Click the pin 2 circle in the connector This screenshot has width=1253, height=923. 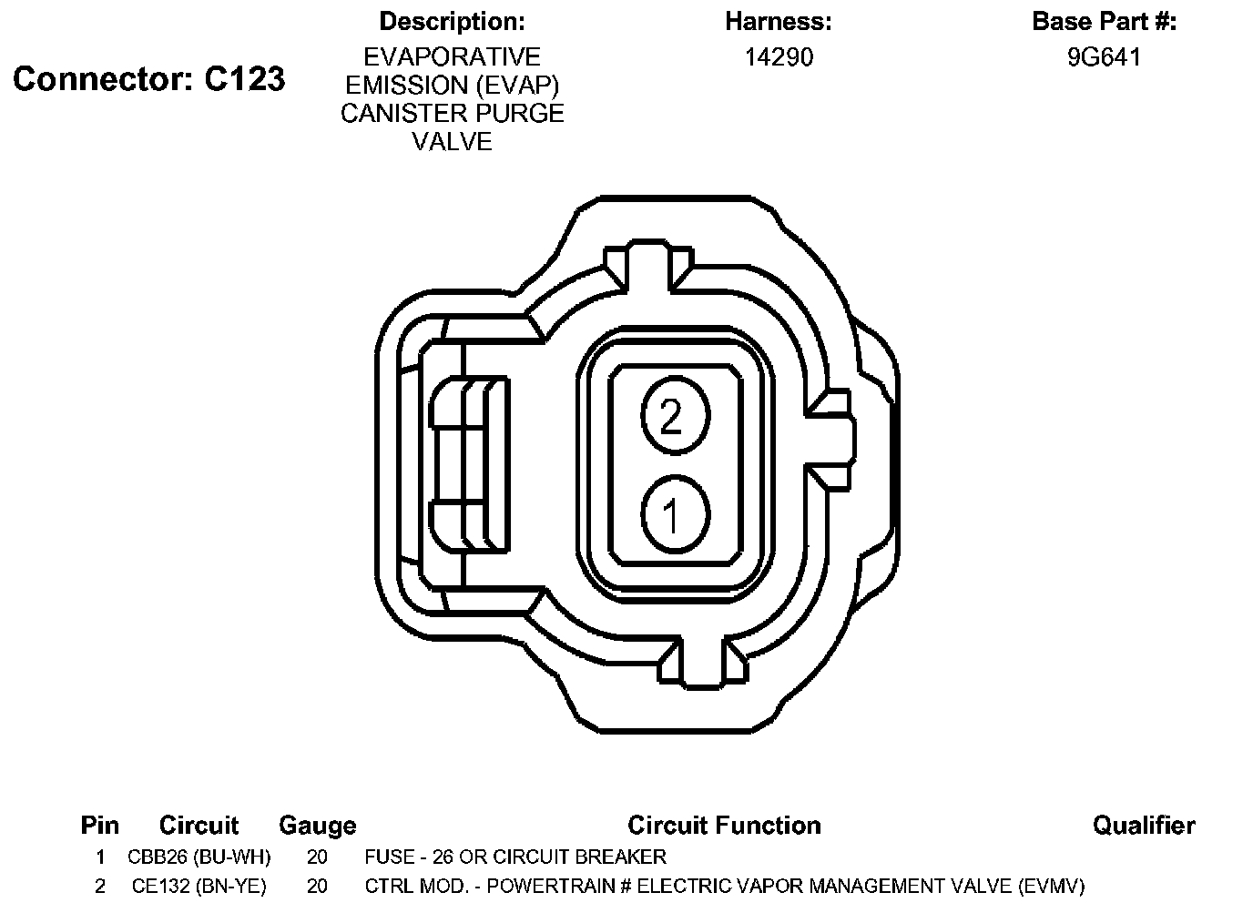pyautogui.click(x=675, y=416)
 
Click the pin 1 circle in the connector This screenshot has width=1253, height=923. pyautogui.click(x=675, y=514)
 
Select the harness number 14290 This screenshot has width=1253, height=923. pyautogui.click(x=779, y=57)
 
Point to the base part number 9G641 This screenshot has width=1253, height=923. pyautogui.click(x=1104, y=57)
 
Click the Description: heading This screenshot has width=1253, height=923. pyautogui.click(x=452, y=21)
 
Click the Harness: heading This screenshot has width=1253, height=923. pyautogui.click(x=779, y=21)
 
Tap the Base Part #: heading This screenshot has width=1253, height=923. pyautogui.click(x=1105, y=21)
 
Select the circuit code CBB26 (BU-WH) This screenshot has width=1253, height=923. pyautogui.click(x=199, y=857)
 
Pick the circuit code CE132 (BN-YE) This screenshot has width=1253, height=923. pyautogui.click(x=199, y=886)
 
